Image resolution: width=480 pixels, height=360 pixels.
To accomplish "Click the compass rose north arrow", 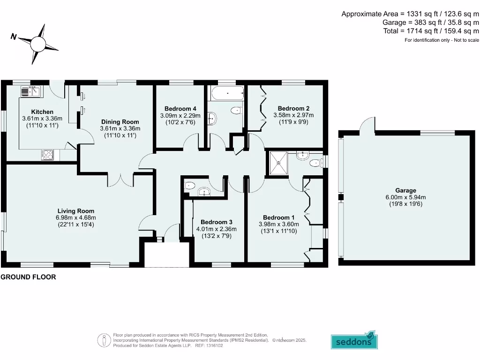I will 38,45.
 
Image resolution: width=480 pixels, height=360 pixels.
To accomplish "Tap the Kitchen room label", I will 42,112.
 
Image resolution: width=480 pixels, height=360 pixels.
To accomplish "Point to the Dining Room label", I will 120,122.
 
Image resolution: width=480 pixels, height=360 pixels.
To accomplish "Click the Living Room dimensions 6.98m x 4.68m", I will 75,217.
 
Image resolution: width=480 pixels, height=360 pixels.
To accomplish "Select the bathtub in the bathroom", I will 227,93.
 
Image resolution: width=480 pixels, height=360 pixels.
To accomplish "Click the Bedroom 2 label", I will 293,108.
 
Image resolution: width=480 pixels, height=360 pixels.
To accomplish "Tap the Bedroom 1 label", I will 278,217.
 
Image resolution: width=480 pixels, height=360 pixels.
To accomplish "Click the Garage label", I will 405,190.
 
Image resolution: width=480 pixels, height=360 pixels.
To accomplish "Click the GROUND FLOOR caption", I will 28,277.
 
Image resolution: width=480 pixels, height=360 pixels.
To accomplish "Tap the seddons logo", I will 354,341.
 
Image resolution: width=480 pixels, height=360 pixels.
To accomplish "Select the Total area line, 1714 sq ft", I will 431,31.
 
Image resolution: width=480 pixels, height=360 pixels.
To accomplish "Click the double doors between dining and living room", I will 121,180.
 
